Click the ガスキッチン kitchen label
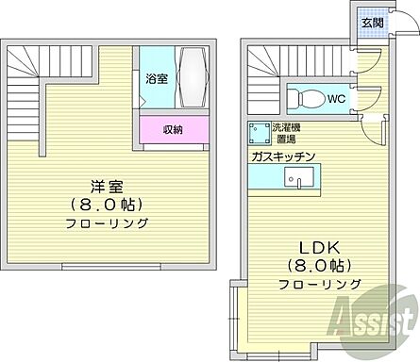click(x=282, y=156)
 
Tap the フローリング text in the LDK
click(x=319, y=284)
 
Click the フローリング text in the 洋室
click(x=107, y=223)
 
